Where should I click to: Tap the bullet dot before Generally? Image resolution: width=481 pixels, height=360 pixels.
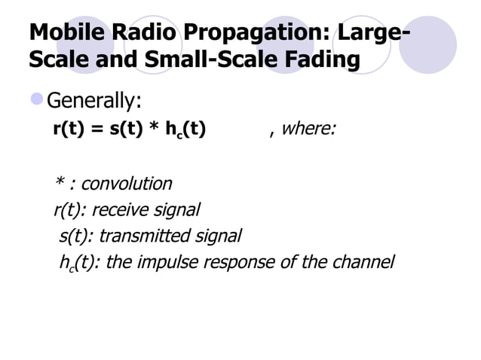(x=36, y=99)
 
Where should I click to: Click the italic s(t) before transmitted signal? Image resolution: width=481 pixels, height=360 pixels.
(x=75, y=236)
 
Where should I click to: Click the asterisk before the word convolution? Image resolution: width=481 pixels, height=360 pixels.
(x=58, y=183)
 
